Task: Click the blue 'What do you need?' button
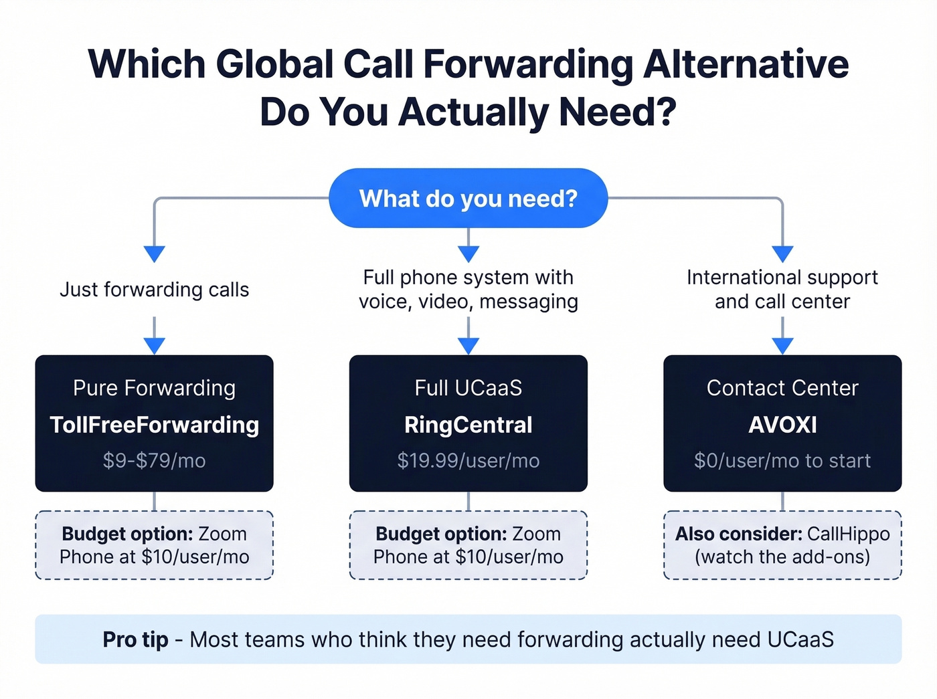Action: (x=468, y=199)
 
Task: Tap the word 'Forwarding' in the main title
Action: (x=528, y=65)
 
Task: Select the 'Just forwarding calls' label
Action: (x=154, y=290)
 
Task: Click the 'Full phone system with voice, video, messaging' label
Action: (x=468, y=290)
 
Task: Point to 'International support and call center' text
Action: (x=782, y=290)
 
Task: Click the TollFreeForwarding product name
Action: (x=154, y=425)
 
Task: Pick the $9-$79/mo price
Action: (x=154, y=461)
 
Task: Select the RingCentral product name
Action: (x=468, y=425)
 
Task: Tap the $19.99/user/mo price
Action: (x=468, y=461)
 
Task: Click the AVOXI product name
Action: (x=782, y=425)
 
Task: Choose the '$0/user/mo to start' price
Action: (x=782, y=461)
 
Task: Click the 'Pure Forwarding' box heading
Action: (x=154, y=388)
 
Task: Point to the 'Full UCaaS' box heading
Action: (x=468, y=388)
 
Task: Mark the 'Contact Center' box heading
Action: (x=782, y=388)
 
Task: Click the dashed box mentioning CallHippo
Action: (x=782, y=545)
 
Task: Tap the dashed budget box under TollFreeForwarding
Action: (x=154, y=545)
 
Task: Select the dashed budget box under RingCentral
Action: (x=468, y=545)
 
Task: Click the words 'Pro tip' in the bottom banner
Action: (x=135, y=639)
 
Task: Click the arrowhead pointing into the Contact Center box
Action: (x=782, y=346)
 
